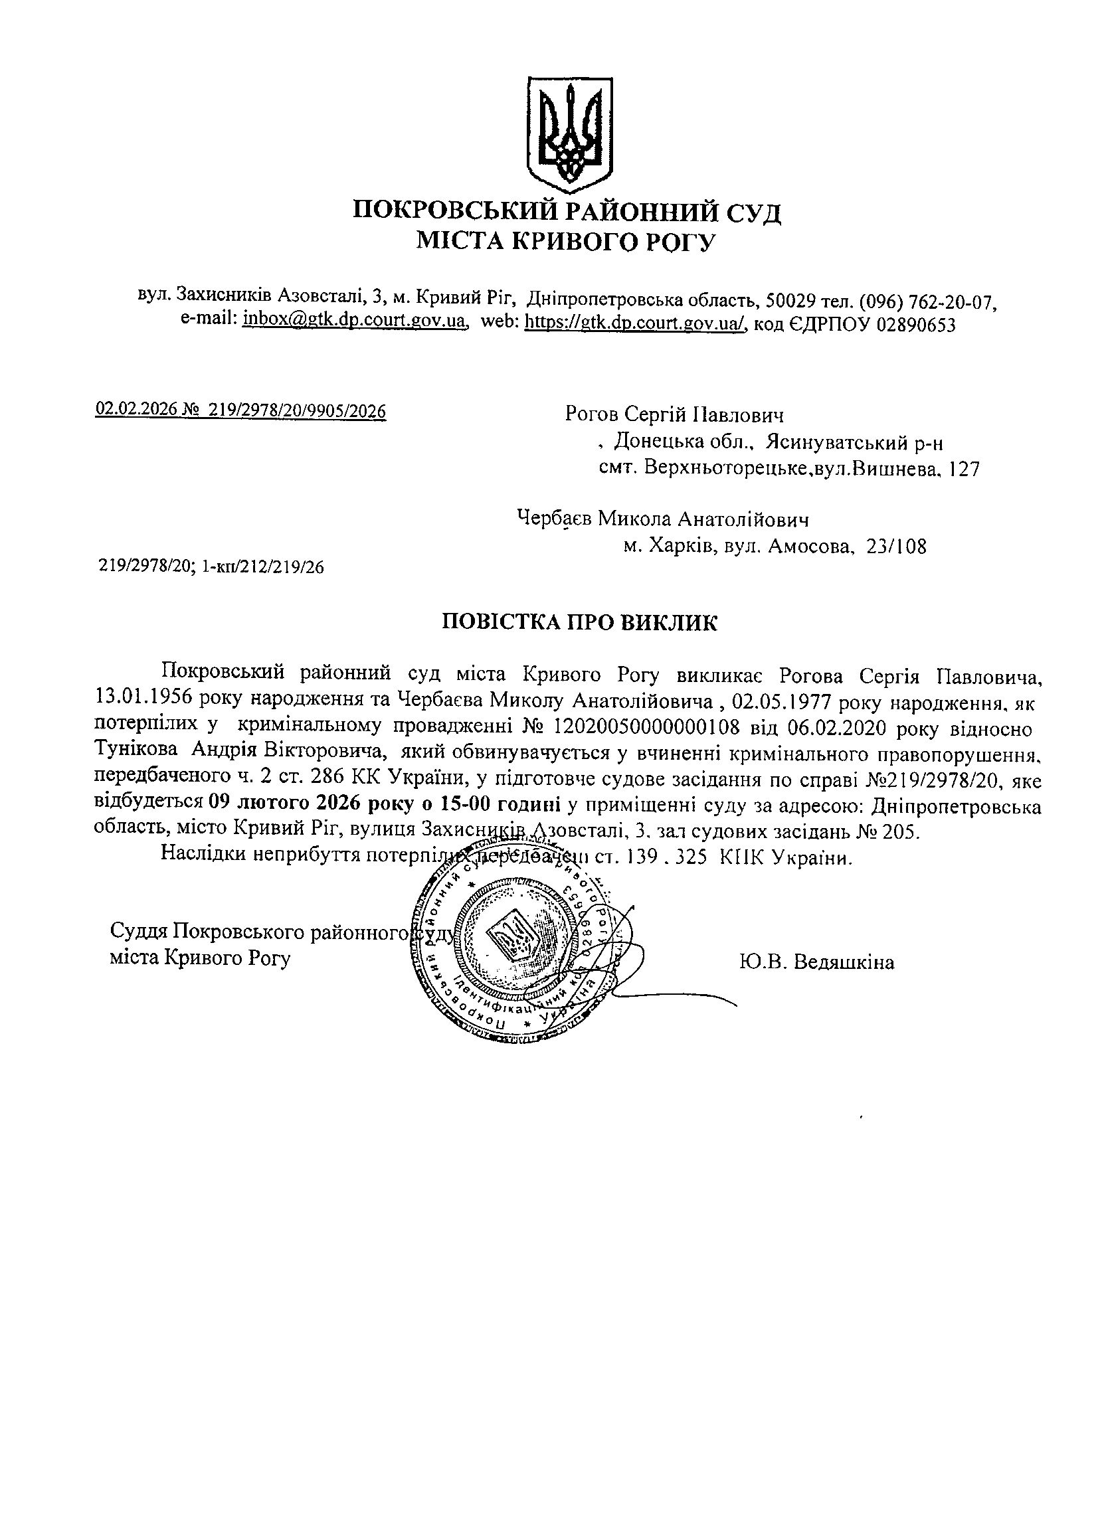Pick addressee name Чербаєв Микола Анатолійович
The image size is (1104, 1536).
663,519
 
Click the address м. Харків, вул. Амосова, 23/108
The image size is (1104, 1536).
775,546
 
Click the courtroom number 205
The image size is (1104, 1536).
905,831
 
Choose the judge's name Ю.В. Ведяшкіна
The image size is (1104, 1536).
817,962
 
